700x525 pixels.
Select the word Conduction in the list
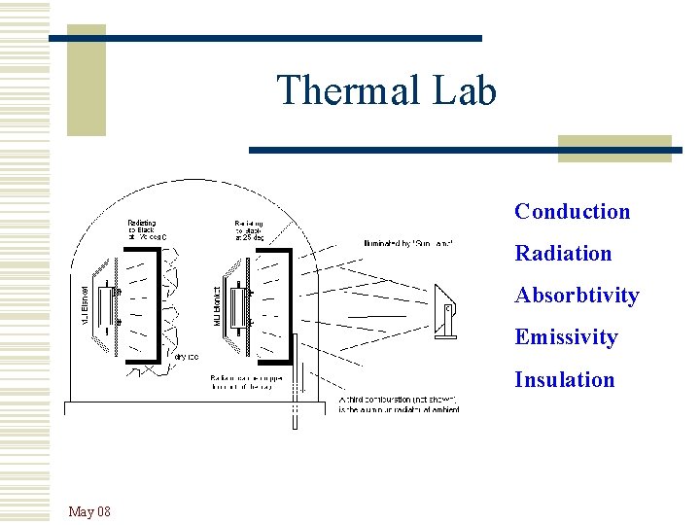point(572,212)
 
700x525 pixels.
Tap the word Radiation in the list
point(563,254)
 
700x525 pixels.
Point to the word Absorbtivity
point(577,296)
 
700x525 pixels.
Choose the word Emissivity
point(566,337)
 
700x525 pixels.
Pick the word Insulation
point(564,379)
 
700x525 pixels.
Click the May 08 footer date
point(89,511)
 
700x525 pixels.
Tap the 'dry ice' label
point(187,358)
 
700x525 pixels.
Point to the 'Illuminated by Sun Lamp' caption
point(408,243)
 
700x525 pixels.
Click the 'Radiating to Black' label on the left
point(148,229)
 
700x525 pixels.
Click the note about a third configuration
point(399,403)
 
